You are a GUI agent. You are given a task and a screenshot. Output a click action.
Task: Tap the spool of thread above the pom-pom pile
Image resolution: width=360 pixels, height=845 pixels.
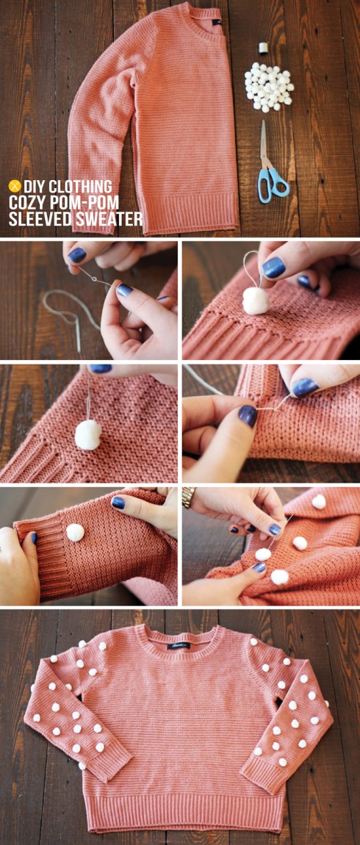(263, 48)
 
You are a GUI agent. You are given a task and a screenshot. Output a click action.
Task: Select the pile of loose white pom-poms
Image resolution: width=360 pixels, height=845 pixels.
(268, 85)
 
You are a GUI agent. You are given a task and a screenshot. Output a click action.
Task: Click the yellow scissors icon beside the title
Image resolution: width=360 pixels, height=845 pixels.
(13, 187)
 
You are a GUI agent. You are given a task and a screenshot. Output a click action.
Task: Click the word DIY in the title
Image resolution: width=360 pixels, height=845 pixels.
(34, 187)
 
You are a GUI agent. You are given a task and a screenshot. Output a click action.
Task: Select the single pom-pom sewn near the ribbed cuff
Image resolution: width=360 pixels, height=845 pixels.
(75, 533)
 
